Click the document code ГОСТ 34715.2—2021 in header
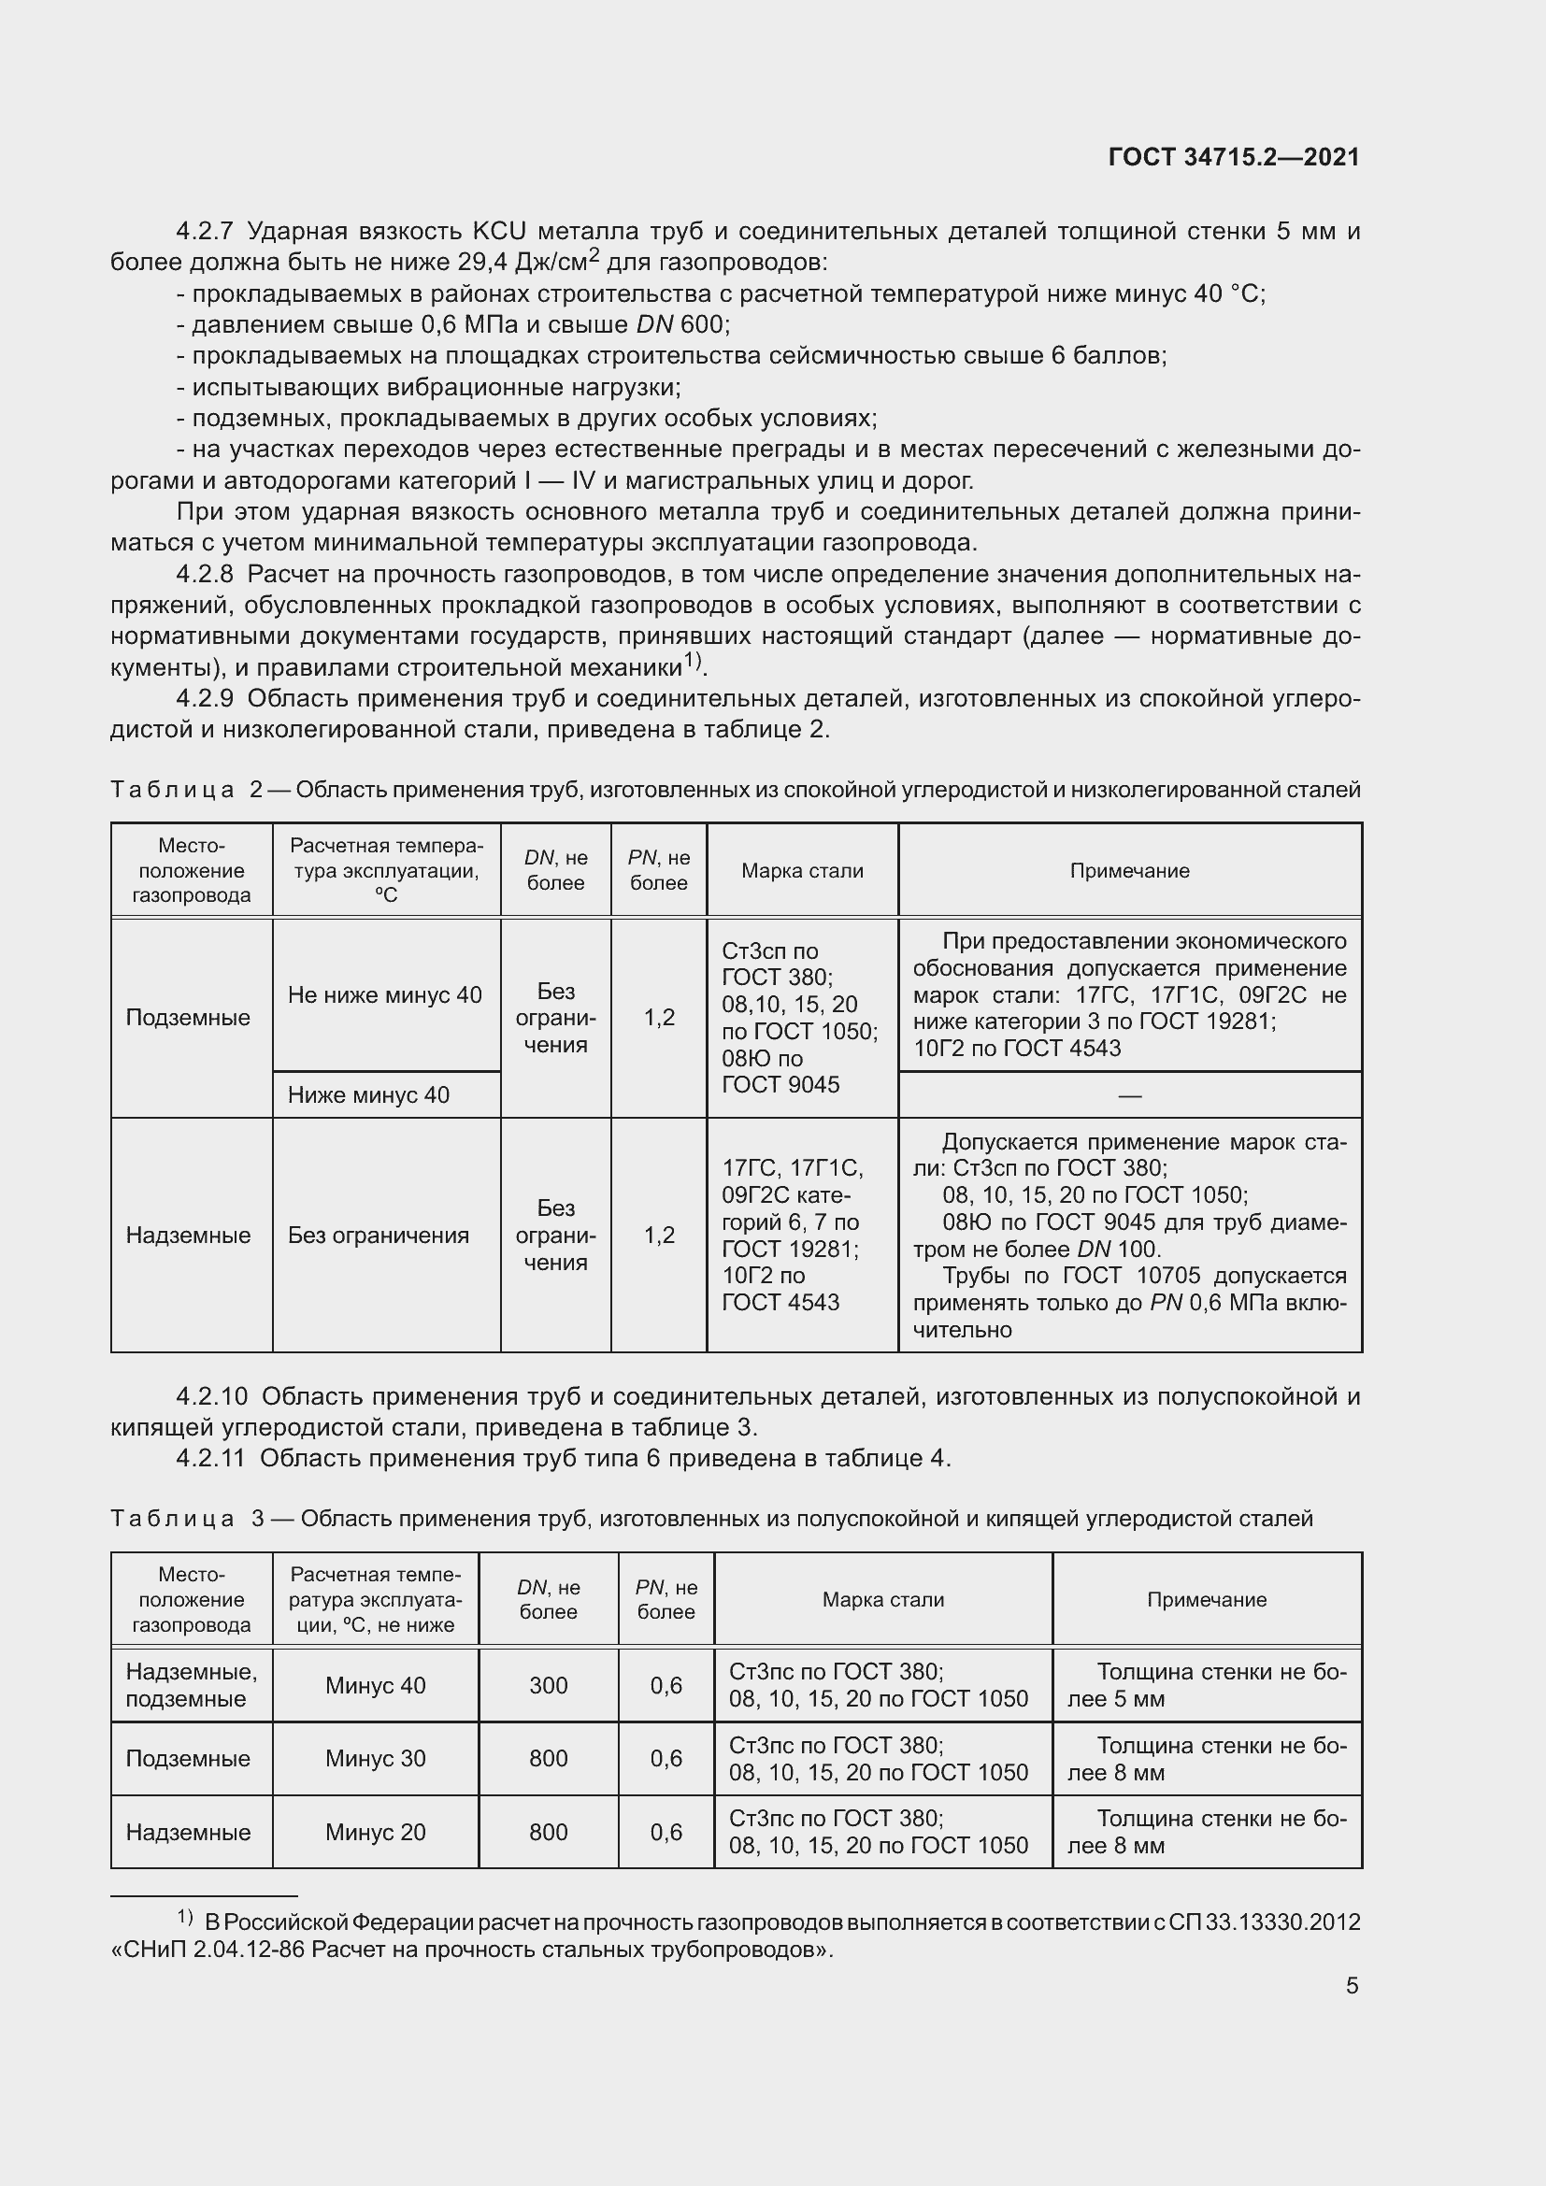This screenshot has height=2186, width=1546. click(1234, 158)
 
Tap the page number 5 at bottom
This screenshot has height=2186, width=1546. click(1352, 1986)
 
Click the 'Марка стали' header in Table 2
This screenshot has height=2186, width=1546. click(802, 870)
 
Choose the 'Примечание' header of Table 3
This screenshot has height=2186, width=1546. click(1206, 1599)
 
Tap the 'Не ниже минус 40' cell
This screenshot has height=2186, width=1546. click(384, 995)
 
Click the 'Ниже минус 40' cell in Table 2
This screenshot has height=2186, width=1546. click(368, 1095)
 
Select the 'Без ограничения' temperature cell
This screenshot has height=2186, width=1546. click(378, 1235)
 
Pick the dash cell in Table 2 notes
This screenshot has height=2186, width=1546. click(1129, 1096)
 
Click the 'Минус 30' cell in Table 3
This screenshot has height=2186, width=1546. click(375, 1759)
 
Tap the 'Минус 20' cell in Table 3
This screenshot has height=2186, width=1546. click(375, 1832)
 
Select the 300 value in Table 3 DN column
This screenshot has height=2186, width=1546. click(549, 1685)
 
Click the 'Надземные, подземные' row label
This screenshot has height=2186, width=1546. click(191, 1685)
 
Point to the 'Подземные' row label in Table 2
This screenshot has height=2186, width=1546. click(188, 1018)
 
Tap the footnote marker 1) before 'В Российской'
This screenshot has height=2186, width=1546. click(185, 1917)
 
